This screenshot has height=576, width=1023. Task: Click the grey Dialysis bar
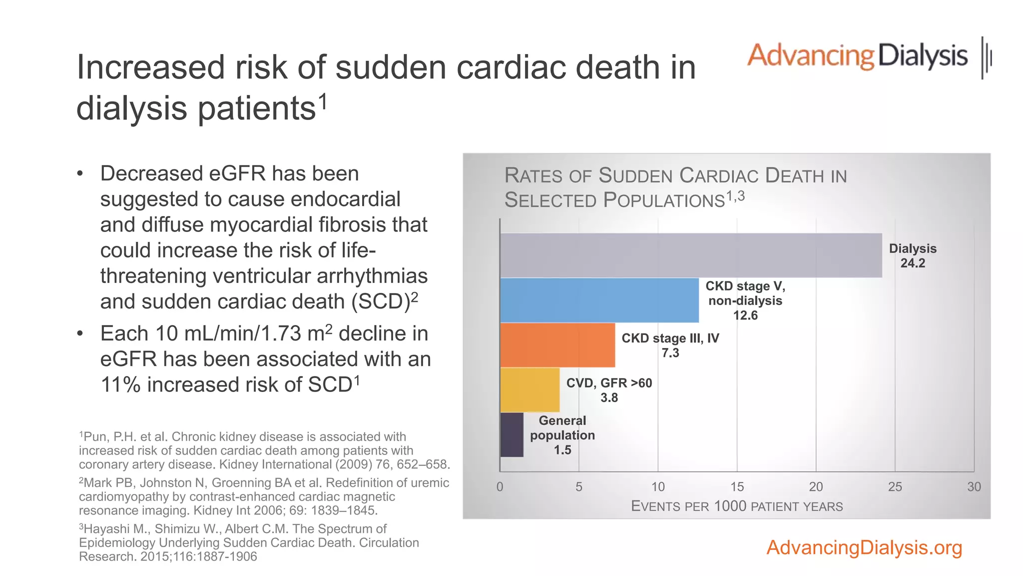click(690, 255)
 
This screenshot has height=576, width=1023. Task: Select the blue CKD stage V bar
click(599, 300)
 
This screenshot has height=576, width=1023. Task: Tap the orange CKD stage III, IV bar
click(557, 345)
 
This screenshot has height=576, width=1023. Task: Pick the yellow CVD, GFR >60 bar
click(529, 390)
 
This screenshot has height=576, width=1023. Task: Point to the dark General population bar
click(511, 434)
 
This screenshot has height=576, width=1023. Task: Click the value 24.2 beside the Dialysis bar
click(913, 263)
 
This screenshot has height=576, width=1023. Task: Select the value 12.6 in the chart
click(745, 315)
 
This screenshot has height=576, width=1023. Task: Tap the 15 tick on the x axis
click(737, 486)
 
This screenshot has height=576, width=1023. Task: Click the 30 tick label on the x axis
click(974, 486)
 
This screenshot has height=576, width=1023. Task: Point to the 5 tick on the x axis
click(578, 486)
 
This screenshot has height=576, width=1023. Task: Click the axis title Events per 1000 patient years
click(737, 506)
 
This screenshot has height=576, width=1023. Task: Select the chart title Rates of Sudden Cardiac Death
click(675, 187)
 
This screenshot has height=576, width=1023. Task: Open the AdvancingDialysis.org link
click(864, 547)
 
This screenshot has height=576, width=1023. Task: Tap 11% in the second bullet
click(120, 385)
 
